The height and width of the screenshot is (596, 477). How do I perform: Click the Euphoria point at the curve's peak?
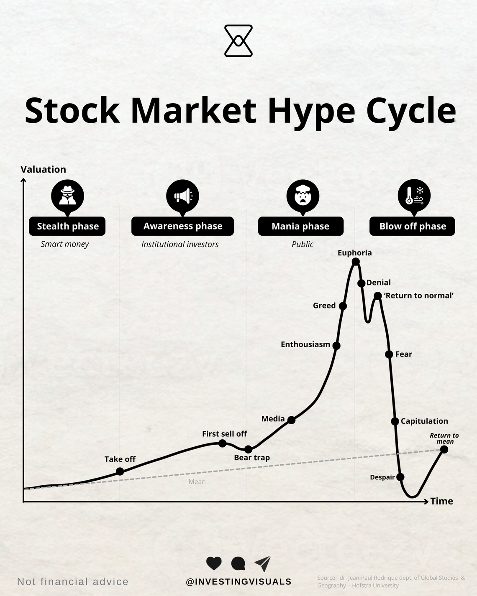pyautogui.click(x=356, y=262)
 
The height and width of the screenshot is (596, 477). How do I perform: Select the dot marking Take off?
pyautogui.click(x=120, y=471)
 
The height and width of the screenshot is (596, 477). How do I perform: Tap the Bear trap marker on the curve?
pyautogui.click(x=248, y=449)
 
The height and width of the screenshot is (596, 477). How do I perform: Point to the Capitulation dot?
pyautogui.click(x=395, y=421)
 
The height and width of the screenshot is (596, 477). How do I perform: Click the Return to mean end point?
pyautogui.click(x=444, y=449)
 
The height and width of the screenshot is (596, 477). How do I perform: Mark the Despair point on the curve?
pyautogui.click(x=400, y=477)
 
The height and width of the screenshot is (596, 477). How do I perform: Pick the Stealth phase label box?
pyautogui.click(x=67, y=226)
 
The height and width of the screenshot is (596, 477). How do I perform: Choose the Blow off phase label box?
pyautogui.click(x=412, y=226)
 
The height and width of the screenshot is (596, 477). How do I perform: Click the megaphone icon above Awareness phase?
pyautogui.click(x=182, y=196)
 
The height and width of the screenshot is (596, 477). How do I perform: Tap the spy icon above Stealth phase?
pyautogui.click(x=67, y=196)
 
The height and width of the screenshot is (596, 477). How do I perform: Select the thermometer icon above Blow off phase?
pyautogui.click(x=414, y=196)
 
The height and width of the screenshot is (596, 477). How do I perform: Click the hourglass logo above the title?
pyautogui.click(x=238, y=41)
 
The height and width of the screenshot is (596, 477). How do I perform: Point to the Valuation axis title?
pyautogui.click(x=44, y=169)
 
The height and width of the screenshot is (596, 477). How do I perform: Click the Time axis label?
pyautogui.click(x=441, y=501)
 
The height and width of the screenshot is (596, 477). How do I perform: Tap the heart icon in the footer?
pyautogui.click(x=214, y=563)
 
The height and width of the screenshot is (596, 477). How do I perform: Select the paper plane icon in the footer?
pyautogui.click(x=263, y=563)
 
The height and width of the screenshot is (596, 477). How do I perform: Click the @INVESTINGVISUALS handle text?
pyautogui.click(x=238, y=581)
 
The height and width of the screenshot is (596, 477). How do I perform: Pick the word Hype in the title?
pyautogui.click(x=311, y=111)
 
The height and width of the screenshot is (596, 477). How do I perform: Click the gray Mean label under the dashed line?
pyautogui.click(x=197, y=482)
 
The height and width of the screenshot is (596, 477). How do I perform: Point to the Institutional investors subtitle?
pyautogui.click(x=180, y=245)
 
